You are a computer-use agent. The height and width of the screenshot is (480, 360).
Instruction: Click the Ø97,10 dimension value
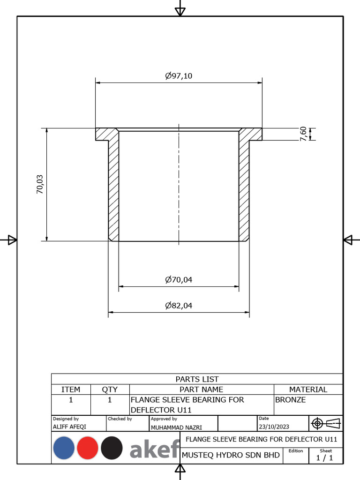179,76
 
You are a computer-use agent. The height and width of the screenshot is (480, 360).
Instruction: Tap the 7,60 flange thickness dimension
303,134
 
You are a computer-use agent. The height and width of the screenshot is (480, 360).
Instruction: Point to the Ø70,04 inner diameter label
179,280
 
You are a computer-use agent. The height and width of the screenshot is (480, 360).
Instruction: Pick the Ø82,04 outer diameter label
179,306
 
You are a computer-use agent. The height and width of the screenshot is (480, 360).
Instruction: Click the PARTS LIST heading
197,379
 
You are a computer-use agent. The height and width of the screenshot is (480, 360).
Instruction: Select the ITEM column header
71,389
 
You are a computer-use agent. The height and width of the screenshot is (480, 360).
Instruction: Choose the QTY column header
110,389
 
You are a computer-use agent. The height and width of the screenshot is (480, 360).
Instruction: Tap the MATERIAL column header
308,389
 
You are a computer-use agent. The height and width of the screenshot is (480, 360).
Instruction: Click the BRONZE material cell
290,400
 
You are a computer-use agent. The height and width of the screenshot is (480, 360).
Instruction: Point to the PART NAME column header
201,389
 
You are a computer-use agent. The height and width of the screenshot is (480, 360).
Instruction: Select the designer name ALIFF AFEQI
69,427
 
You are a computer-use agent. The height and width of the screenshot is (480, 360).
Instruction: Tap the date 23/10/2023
274,427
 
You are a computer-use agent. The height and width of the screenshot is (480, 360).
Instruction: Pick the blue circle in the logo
64,448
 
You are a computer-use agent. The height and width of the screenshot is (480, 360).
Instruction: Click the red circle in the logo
88,448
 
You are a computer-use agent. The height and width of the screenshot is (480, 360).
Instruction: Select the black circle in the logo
112,448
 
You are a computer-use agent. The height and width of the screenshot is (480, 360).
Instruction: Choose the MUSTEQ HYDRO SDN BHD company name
231,455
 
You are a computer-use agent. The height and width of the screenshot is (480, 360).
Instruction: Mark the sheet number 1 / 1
325,458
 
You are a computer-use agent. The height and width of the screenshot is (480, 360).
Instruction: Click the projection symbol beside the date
326,423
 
